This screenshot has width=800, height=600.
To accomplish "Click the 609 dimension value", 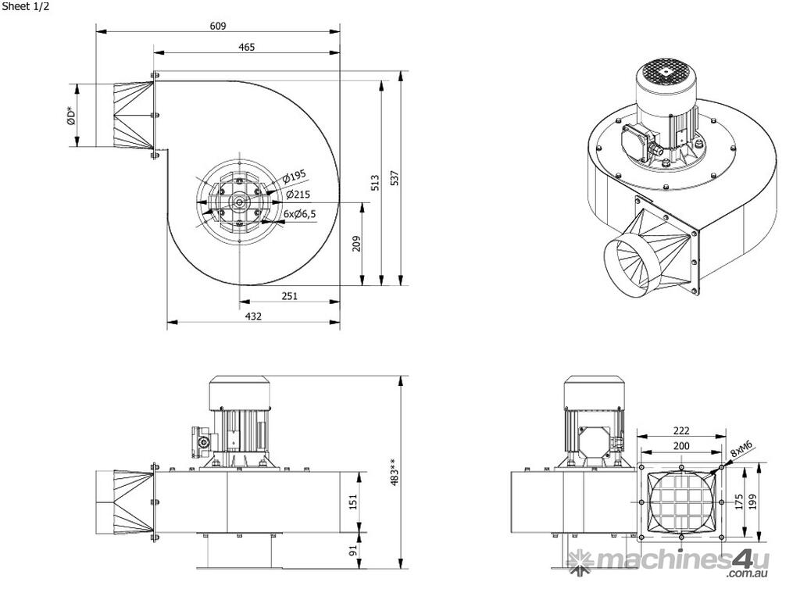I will click(218, 26).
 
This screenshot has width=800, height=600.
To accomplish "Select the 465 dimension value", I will click(246, 47).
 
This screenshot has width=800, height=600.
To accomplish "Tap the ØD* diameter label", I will click(70, 116).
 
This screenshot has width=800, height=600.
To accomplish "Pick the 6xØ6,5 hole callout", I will click(300, 212).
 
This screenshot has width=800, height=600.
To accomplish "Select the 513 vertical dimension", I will click(375, 182).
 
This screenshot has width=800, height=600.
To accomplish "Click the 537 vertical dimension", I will click(395, 178).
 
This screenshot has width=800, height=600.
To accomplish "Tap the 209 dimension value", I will click(357, 244).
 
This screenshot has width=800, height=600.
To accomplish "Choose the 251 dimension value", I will click(290, 296).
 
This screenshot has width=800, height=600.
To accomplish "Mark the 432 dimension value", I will click(253, 316).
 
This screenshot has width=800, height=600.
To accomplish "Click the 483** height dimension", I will click(395, 473).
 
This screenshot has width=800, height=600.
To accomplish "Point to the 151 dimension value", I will click(353, 500).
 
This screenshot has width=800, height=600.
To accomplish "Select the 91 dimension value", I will click(353, 550).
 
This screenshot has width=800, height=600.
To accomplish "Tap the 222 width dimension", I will click(681, 430).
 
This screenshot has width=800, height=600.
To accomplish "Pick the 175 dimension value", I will click(739, 502).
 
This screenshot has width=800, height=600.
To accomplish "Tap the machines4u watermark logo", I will click(669, 561).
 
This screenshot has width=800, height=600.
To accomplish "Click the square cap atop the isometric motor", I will click(664, 70).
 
